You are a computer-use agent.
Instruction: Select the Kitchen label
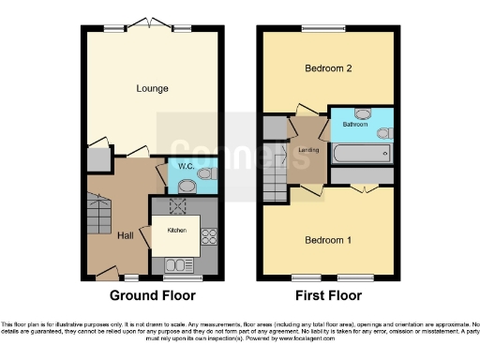(x=177, y=230)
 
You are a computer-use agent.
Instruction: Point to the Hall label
(x=126, y=235)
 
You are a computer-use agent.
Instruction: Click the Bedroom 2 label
(x=327, y=69)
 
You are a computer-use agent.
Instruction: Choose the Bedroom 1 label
(x=328, y=240)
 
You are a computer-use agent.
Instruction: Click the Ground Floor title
(x=153, y=295)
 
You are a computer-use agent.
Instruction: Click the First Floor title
(x=328, y=295)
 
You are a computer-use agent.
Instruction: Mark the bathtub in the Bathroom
(x=361, y=154)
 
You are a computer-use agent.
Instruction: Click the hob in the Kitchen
(x=209, y=242)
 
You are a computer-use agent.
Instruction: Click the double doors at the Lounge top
(x=150, y=26)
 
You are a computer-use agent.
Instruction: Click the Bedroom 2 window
(x=327, y=27)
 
